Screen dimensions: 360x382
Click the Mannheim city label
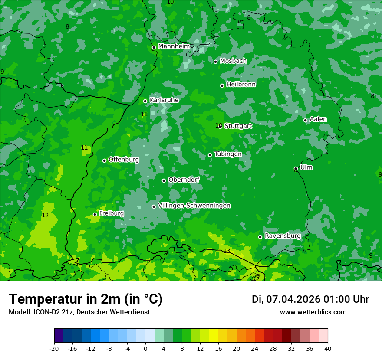[x=174, y=46]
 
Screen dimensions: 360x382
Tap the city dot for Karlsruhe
[x=145, y=101]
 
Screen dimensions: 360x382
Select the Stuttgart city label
[x=238, y=126]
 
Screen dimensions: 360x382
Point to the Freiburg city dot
[x=95, y=214]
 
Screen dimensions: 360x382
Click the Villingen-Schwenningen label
[x=194, y=206]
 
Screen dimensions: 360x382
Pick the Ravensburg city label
[x=283, y=236]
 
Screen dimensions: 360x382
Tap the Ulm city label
[x=306, y=167]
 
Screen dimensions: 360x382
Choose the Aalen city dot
[x=305, y=120]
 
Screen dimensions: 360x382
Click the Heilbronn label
[x=241, y=85]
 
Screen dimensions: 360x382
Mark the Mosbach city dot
[x=215, y=62]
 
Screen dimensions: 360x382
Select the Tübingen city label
[x=228, y=154]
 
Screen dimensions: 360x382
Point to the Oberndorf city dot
[x=164, y=180]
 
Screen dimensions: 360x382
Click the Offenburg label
[x=124, y=160]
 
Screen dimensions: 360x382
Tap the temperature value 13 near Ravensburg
[x=227, y=251]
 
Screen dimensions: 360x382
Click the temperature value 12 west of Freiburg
[x=45, y=216]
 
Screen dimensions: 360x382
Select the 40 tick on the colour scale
[x=328, y=348]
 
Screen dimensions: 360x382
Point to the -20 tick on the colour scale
[x=54, y=348]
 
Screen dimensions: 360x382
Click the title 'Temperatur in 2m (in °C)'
[x=86, y=299]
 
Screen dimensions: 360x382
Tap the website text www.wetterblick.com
[x=313, y=312]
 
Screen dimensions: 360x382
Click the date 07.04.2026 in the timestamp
[x=293, y=299]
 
